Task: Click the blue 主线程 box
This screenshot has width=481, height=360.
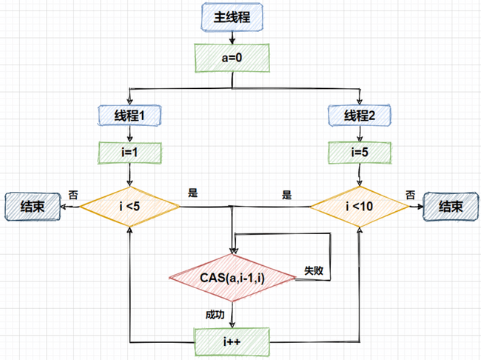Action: pyautogui.click(x=232, y=18)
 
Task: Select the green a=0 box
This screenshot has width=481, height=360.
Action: pyautogui.click(x=232, y=56)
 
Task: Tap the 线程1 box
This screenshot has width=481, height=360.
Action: pyautogui.click(x=130, y=115)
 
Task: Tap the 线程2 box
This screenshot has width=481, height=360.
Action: pyautogui.click(x=360, y=115)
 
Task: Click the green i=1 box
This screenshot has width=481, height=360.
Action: pyautogui.click(x=130, y=153)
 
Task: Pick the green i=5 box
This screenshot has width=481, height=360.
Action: pyautogui.click(x=360, y=153)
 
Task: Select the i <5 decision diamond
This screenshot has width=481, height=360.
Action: pyautogui.click(x=129, y=205)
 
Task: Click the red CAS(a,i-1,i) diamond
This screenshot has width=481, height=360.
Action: pyautogui.click(x=232, y=278)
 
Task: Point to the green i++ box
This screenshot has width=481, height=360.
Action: pyautogui.click(x=232, y=341)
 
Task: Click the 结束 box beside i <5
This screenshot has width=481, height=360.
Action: pyautogui.click(x=32, y=206)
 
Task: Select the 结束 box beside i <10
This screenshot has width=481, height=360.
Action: pyautogui.click(x=451, y=207)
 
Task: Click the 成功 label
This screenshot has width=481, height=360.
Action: pyautogui.click(x=215, y=315)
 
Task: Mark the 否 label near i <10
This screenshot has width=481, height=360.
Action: pyautogui.click(x=410, y=195)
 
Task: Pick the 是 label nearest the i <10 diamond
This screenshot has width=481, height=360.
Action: pyautogui.click(x=286, y=196)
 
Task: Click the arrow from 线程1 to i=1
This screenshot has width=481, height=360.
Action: pyautogui.click(x=130, y=133)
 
